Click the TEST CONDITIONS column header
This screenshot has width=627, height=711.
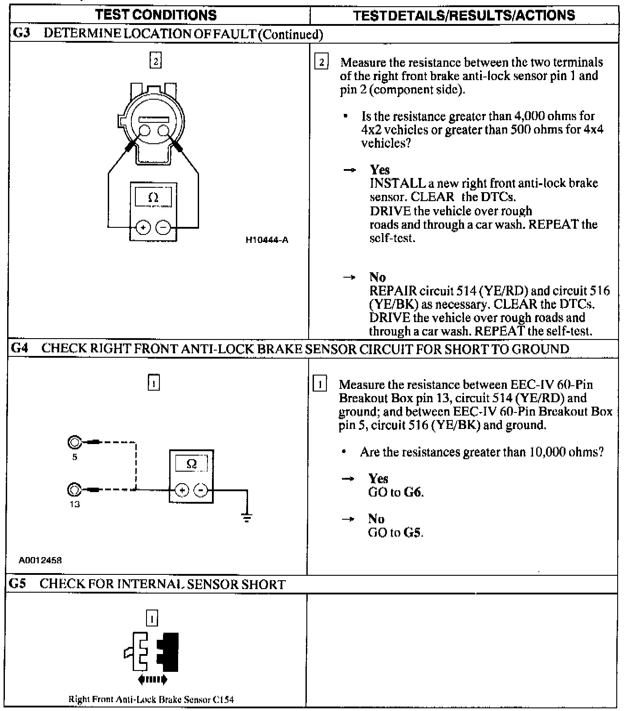pos(156,15)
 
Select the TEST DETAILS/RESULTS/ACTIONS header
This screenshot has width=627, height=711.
pos(464,16)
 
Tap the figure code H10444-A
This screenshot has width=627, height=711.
pos(267,240)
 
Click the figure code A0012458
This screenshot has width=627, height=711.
pos(40,560)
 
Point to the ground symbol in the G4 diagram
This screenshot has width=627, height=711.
pos(247,517)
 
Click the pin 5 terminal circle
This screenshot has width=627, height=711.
pos(74,443)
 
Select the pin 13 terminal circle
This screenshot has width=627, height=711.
pos(74,490)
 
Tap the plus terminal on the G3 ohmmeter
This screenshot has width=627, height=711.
pos(143,228)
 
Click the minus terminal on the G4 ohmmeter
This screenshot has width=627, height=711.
pos(202,490)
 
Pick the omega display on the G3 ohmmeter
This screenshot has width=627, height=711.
pos(153,198)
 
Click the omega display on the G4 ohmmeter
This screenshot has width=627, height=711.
pos(191,464)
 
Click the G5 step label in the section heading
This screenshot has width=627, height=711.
pos(18,584)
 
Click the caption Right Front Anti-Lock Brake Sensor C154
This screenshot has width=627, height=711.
pos(151,699)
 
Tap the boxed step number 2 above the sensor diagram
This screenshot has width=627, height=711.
pos(155,61)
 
